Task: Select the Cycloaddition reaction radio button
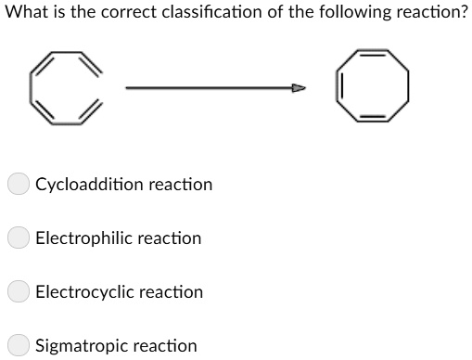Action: point(19,185)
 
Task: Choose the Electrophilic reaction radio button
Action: point(19,238)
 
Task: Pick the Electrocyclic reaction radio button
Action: point(19,292)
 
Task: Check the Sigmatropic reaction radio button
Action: point(19,346)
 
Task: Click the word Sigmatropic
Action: point(81,346)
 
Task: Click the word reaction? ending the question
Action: point(430,17)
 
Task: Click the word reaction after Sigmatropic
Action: point(166,346)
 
